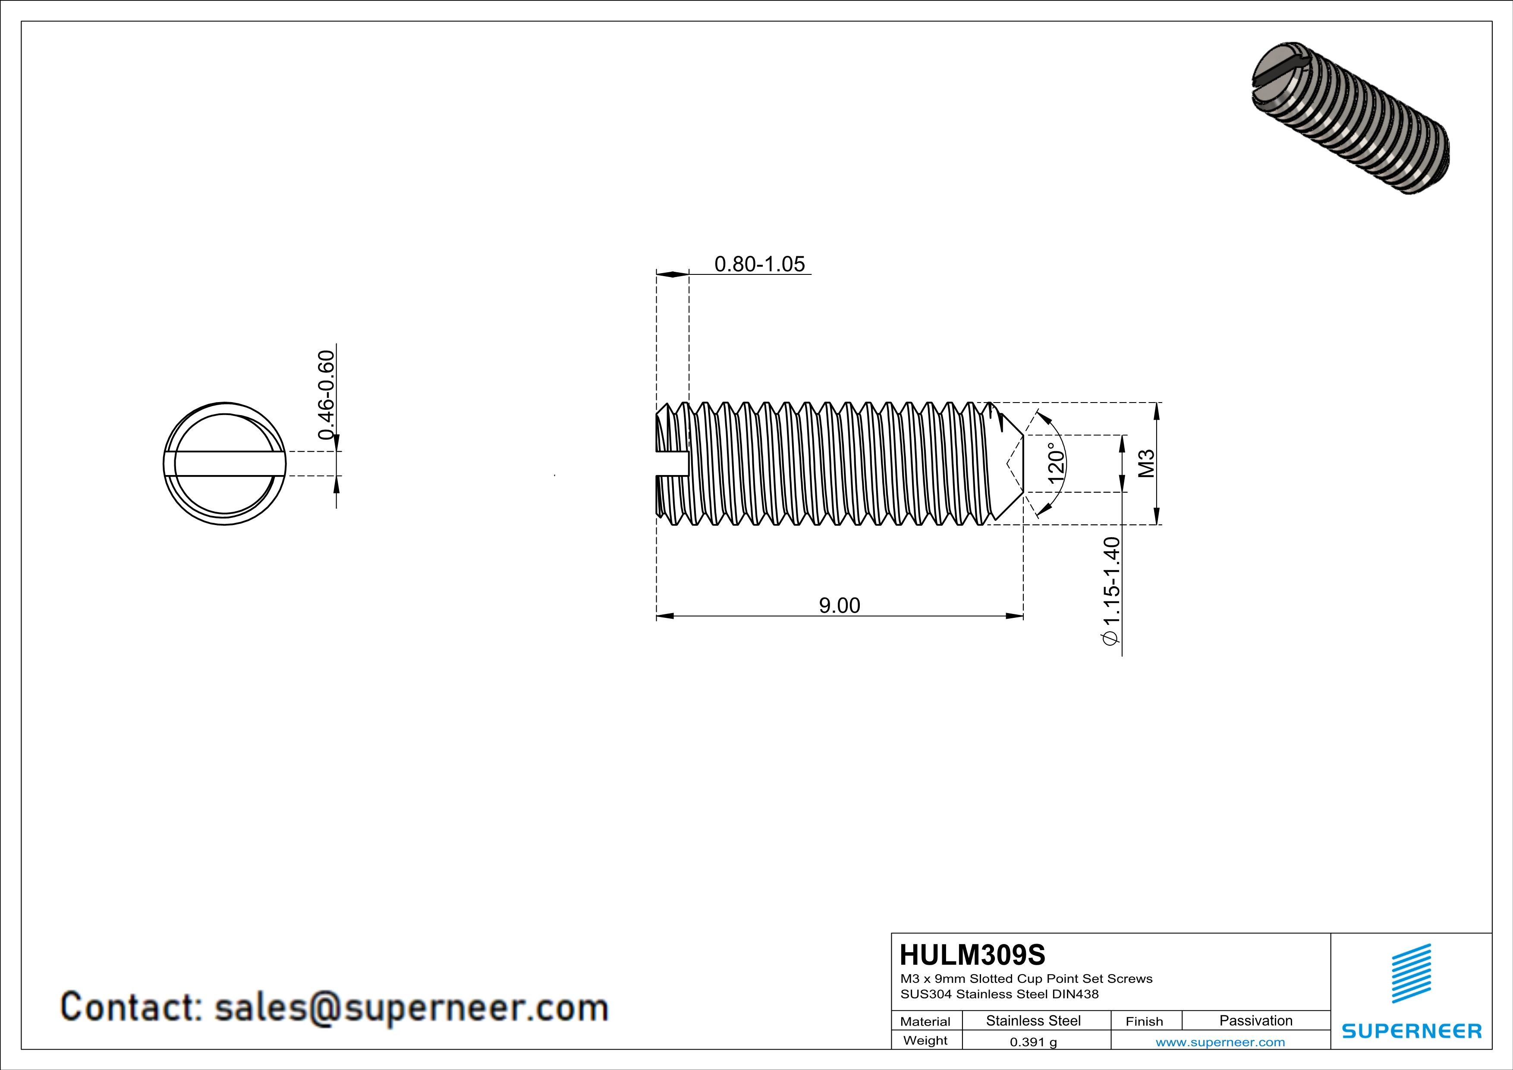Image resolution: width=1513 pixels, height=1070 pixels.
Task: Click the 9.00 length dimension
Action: coord(839,605)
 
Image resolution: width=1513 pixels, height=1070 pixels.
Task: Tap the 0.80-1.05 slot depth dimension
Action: coord(759,264)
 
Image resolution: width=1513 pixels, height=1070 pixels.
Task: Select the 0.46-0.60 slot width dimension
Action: coord(326,395)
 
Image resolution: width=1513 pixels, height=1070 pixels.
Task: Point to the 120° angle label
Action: coord(1056,463)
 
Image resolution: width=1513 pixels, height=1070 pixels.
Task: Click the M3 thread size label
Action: coord(1147,463)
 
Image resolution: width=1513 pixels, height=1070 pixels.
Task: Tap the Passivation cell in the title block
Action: coord(1255,1020)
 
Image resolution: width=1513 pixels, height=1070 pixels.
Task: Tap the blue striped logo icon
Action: coord(1411,973)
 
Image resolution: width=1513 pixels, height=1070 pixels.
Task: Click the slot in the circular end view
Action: coord(224,463)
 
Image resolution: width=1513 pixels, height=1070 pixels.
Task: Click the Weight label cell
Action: coord(925,1040)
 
